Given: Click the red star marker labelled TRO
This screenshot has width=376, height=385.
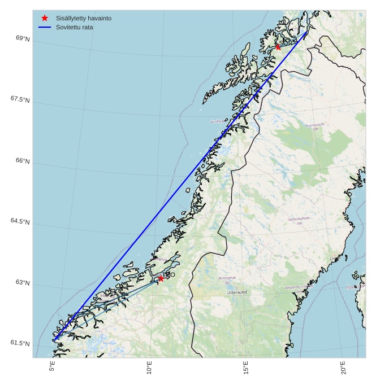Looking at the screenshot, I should click(161, 278).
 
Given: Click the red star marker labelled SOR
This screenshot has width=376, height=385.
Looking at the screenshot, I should click(278, 47).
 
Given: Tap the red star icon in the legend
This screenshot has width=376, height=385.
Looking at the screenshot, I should click(45, 18).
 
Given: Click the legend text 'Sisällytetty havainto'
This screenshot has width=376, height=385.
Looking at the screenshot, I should click(83, 18).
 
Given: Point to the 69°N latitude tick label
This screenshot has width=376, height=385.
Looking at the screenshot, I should click(23, 38).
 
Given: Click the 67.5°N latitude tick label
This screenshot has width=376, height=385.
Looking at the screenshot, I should click(20, 99).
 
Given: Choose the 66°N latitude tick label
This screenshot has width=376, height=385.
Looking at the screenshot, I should click(23, 161).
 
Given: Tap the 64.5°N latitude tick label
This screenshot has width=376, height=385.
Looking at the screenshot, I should click(20, 221).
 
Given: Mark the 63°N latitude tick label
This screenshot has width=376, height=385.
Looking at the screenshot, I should click(23, 282).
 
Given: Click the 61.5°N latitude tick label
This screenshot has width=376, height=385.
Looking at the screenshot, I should click(20, 343).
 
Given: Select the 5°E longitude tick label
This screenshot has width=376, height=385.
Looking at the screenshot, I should click(52, 366).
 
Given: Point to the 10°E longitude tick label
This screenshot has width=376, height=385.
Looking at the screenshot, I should click(149, 368).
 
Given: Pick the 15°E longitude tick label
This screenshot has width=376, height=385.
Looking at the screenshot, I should click(246, 368).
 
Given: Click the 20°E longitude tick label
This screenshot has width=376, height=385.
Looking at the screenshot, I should click(343, 368).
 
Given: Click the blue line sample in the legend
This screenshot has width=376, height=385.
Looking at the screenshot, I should click(45, 27).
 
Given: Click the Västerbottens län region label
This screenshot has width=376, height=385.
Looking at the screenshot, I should click(299, 221).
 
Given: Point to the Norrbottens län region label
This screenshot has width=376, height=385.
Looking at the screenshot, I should click(315, 126).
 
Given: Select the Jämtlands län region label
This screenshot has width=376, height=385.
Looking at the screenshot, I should click(227, 280).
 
